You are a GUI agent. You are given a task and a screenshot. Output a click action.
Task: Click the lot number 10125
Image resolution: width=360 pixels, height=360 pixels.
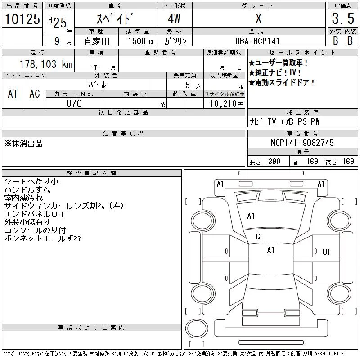tap(22, 19)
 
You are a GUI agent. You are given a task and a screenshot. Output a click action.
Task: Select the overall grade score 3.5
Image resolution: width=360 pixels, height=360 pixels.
tap(343, 18)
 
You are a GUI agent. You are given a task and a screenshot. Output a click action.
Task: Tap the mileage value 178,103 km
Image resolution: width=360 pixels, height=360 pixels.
tap(46, 64)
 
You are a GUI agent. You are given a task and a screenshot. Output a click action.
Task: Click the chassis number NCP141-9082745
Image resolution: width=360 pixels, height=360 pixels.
tap(302, 143)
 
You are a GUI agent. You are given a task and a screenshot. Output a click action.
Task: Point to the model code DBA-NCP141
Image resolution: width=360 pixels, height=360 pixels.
tap(257, 41)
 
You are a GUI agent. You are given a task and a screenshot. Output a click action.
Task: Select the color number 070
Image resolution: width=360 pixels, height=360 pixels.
tap(74, 103)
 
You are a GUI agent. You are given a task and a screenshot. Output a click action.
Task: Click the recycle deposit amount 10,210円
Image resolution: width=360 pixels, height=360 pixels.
tap(227, 104)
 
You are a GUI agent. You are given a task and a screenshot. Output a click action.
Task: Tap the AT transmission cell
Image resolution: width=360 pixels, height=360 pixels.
tap(13, 94)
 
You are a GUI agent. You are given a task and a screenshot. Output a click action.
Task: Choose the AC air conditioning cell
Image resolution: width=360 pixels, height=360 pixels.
tap(35, 94)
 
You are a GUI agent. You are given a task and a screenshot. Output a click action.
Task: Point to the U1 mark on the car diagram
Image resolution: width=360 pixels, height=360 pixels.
tap(326, 252)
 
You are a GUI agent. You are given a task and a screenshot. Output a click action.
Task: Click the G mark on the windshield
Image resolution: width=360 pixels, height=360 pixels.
tap(258, 237)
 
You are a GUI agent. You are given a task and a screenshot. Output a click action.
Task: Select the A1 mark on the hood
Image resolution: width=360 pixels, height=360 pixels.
tap(251, 216)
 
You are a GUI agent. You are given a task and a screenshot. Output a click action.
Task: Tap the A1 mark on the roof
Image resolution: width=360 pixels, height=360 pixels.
tap(271, 250)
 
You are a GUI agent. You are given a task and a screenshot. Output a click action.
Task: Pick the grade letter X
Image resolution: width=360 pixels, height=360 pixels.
tap(259, 18)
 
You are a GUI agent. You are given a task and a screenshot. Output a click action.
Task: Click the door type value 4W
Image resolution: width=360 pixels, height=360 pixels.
tap(174, 18)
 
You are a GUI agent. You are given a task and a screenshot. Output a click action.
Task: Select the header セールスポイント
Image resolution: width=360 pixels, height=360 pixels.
tap(302, 53)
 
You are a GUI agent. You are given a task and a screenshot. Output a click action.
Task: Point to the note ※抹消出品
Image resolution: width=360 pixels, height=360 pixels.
tap(23, 144)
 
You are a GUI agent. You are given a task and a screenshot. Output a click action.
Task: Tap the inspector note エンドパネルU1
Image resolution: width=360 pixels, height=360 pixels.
tap(34, 214)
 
